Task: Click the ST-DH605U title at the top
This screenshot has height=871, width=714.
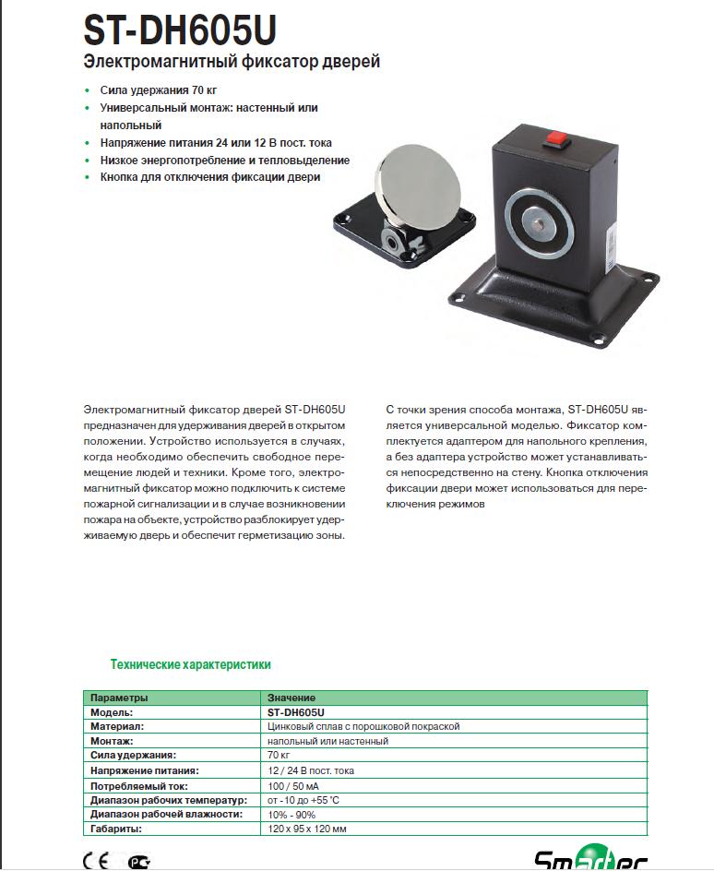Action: click(179, 30)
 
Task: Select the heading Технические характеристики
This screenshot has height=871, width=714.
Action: click(190, 664)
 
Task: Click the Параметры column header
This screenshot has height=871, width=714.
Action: click(119, 698)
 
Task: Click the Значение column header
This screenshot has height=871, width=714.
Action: click(292, 698)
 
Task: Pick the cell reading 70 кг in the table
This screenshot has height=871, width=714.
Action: click(278, 756)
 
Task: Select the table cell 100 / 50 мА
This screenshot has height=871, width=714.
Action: click(294, 785)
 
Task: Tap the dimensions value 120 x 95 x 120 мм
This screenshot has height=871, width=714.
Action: click(307, 829)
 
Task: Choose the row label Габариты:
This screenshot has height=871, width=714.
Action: click(116, 829)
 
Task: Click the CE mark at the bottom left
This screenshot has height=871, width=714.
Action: click(96, 862)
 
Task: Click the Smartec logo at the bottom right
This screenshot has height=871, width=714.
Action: click(591, 860)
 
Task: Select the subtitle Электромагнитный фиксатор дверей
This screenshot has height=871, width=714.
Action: click(232, 63)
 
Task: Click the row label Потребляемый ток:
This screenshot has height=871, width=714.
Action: click(139, 785)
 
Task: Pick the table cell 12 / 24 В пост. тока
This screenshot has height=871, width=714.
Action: click(311, 770)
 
